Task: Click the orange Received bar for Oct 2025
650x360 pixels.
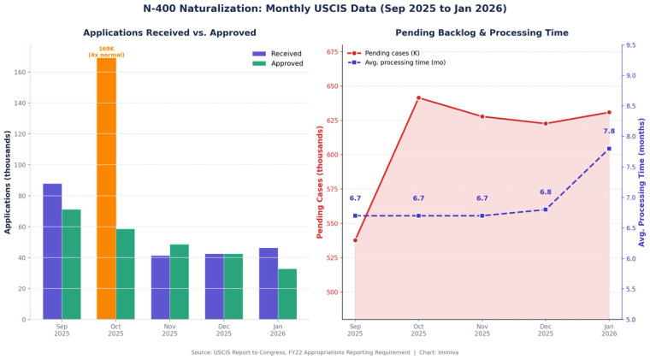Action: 106,188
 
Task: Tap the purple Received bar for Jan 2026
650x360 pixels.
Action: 268,284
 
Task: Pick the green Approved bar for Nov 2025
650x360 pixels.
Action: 179,282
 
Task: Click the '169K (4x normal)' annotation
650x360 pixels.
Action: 106,52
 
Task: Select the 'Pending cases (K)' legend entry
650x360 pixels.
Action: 385,53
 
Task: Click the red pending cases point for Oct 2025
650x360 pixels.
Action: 418,97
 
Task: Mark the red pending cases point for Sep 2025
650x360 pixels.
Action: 355,240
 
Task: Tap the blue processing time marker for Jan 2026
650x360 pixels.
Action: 609,149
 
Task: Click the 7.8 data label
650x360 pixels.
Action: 609,132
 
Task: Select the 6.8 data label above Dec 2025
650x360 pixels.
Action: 546,192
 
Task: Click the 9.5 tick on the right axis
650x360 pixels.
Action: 630,45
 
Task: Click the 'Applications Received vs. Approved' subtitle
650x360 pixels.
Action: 169,32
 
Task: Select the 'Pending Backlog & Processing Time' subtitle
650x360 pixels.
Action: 482,32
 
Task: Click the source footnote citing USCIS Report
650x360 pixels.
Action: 324,351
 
